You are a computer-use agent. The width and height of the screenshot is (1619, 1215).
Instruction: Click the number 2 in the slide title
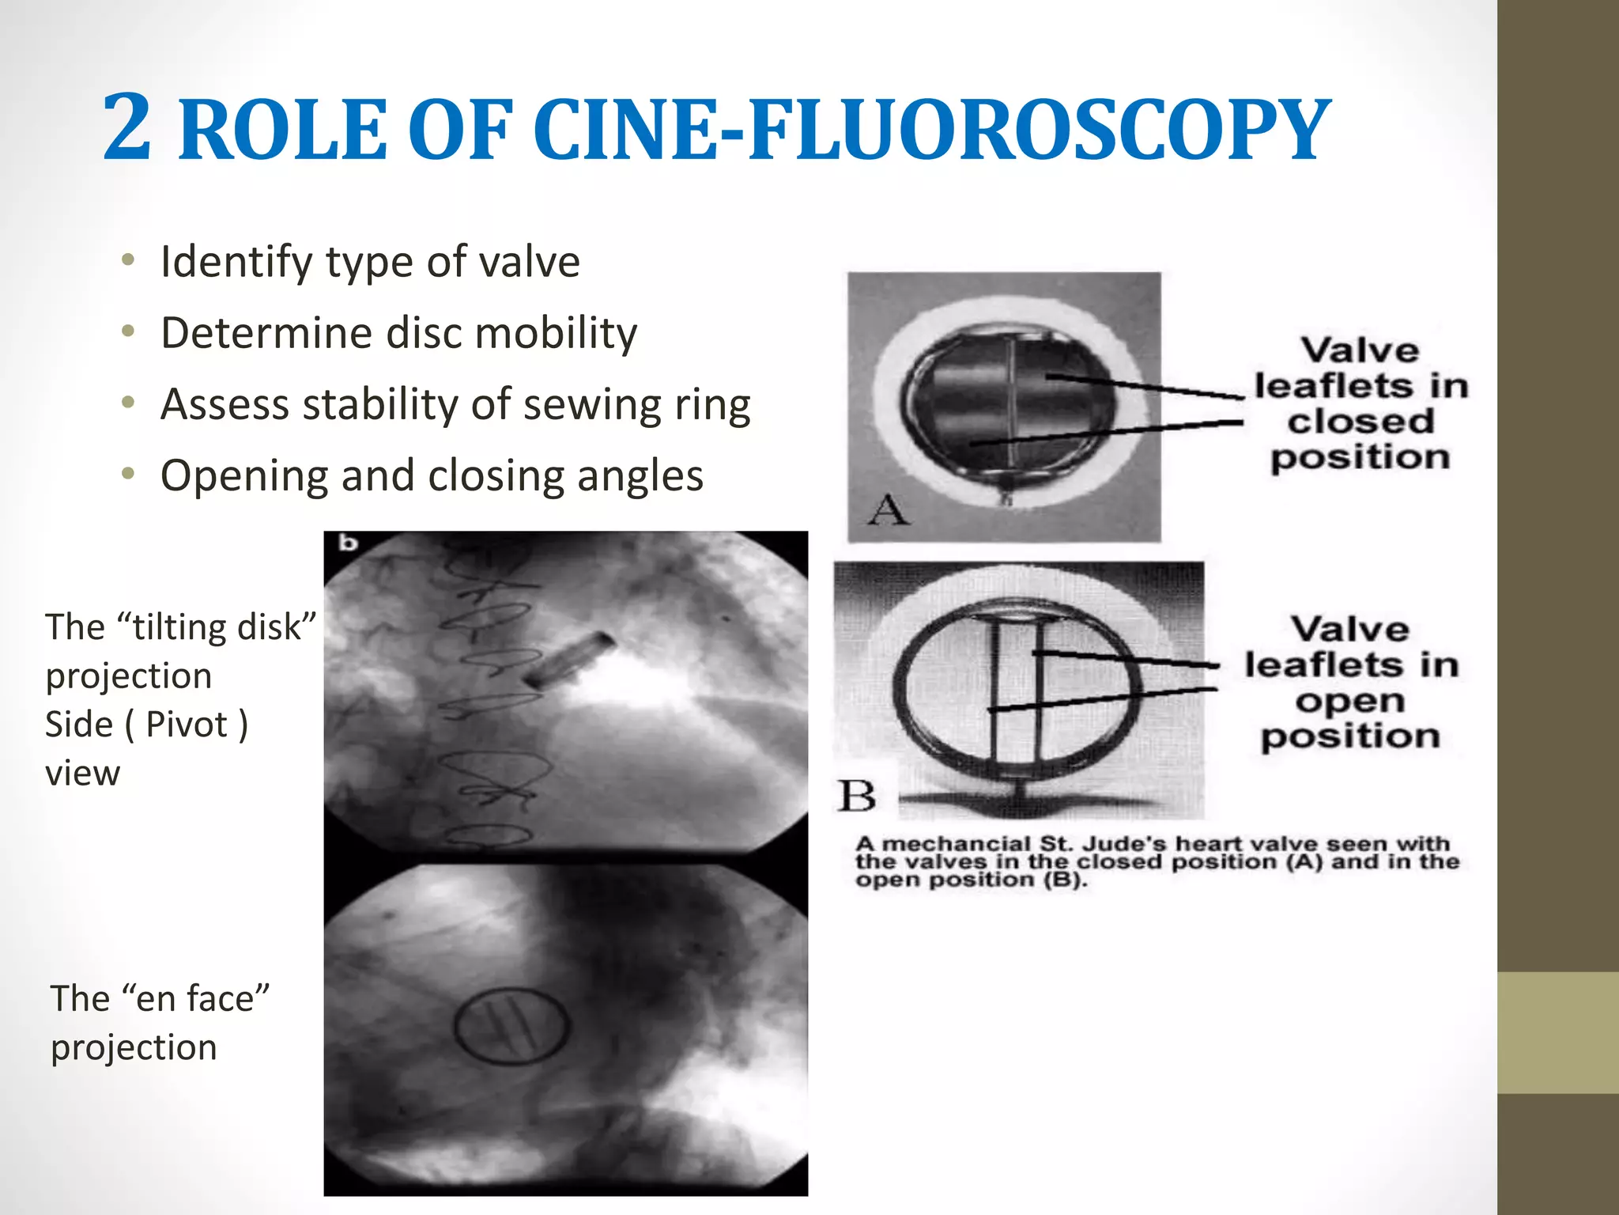click(x=127, y=127)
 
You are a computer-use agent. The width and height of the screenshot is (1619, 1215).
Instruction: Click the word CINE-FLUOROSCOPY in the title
click(x=931, y=131)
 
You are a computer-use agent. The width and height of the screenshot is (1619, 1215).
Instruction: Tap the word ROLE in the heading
click(x=282, y=131)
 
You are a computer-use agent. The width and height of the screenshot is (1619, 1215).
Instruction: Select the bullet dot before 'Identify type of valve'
click(x=128, y=260)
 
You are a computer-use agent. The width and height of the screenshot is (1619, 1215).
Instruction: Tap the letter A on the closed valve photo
click(x=888, y=510)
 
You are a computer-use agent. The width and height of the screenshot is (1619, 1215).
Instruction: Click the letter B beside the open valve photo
click(x=857, y=796)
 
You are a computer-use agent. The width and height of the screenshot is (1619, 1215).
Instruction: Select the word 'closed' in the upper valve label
click(x=1360, y=421)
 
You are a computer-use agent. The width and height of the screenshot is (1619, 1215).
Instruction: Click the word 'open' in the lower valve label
click(x=1349, y=701)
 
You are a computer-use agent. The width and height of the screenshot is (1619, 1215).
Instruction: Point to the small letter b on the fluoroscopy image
click(x=348, y=543)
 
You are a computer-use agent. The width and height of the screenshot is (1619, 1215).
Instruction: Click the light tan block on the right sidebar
click(x=1557, y=1032)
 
